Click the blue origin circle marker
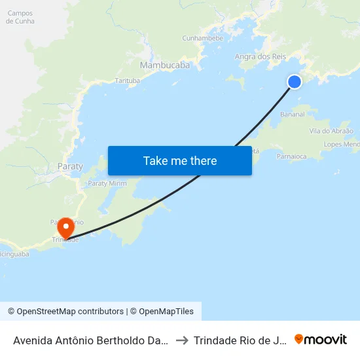[295, 81]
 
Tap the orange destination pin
[66, 228]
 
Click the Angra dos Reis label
[261, 57]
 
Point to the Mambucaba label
[165, 65]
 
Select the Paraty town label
[70, 166]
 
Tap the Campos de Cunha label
[20, 17]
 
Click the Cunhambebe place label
[203, 38]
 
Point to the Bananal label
[293, 114]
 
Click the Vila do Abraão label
[322, 131]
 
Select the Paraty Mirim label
[107, 184]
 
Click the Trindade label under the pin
[65, 240]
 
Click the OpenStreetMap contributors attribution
[65, 312]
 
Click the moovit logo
[321, 339]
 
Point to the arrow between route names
[182, 340]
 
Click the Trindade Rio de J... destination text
[240, 340]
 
